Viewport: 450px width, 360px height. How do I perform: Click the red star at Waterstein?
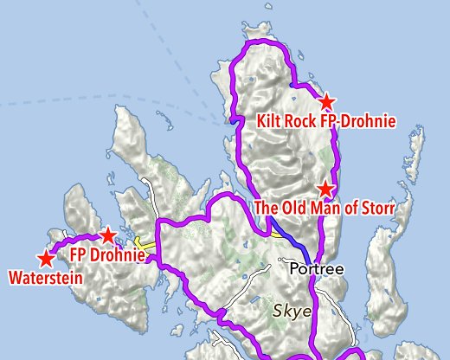44,259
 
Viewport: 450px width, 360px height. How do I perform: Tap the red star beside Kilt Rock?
327,102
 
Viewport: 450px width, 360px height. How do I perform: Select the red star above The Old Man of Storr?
325,189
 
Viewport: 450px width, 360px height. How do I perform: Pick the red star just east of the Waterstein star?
107,235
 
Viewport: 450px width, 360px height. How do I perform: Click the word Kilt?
271,122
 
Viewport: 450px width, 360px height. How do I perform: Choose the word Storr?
376,209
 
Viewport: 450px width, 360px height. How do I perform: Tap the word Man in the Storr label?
328,209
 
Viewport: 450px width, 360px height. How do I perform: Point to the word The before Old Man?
268,209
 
